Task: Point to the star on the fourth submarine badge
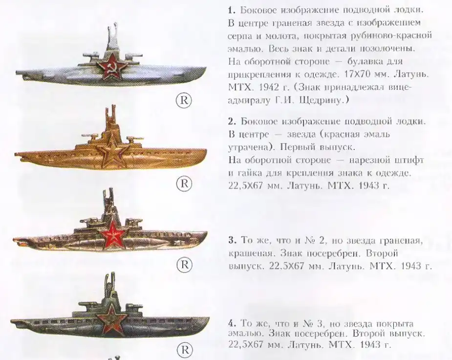[x=112, y=318]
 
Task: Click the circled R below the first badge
[x=184, y=100]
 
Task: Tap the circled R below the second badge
[x=184, y=183]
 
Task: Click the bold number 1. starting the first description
[x=232, y=10]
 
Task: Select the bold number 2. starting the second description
[x=232, y=122]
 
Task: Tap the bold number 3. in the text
[x=232, y=240]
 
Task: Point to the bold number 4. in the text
[x=232, y=323]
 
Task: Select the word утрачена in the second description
[x=249, y=148]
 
